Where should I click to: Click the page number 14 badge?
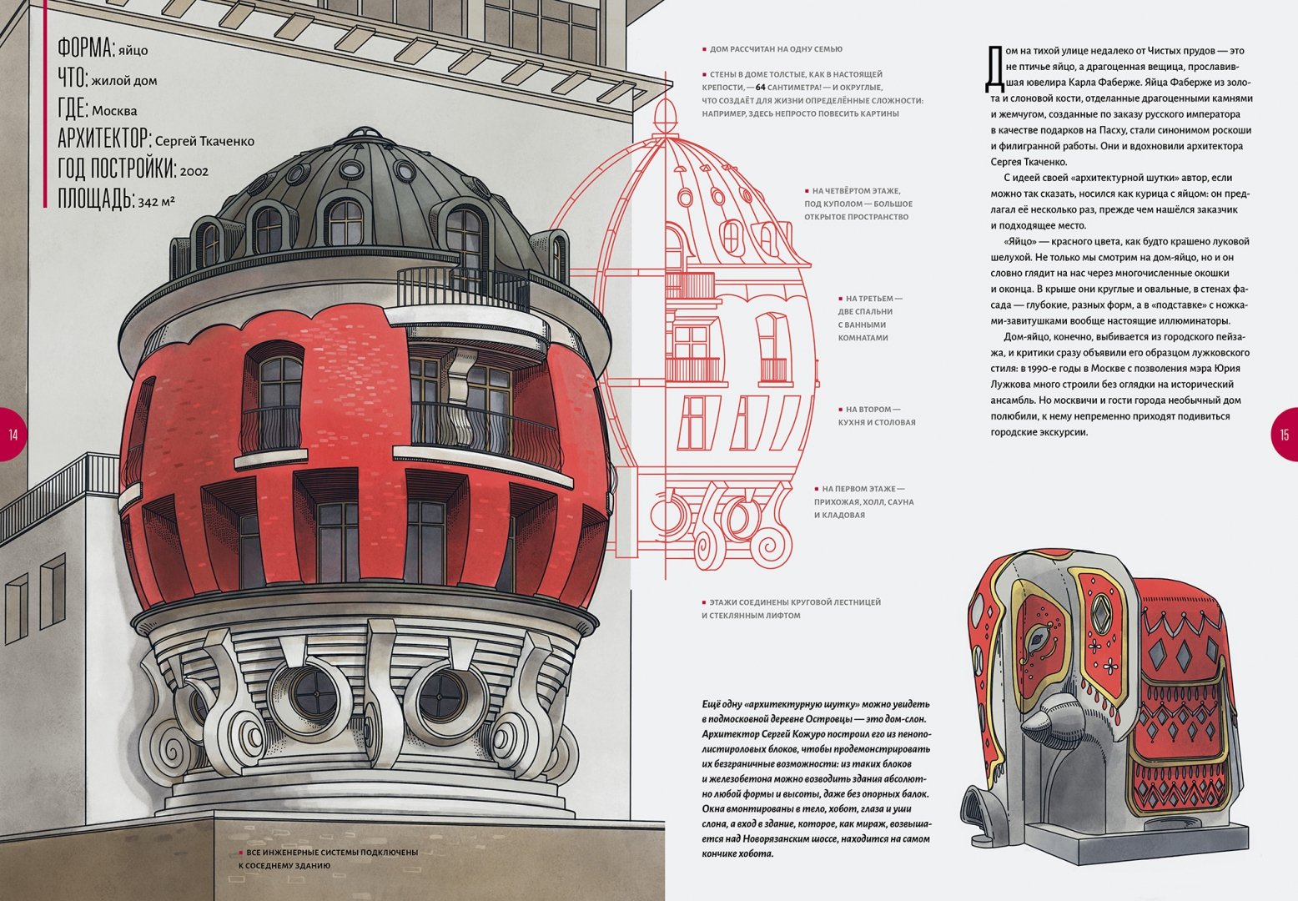tap(13, 435)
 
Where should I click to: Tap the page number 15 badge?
tap(1284, 435)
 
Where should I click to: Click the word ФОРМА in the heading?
tap(85, 48)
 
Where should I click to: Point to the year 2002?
tap(194, 171)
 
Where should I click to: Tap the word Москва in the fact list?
tap(114, 111)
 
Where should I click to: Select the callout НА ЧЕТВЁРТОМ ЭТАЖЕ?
tap(858, 204)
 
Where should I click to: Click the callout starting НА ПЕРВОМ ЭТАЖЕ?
tap(863, 502)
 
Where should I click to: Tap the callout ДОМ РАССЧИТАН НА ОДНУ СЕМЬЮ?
tap(772, 49)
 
